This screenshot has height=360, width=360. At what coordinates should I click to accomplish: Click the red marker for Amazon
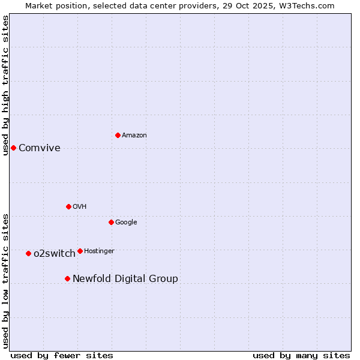pos(118,135)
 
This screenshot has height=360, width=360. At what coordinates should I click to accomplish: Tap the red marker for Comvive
pos(13,148)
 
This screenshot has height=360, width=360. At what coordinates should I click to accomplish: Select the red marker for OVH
pos(68,206)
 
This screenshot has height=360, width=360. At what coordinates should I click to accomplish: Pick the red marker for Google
pos(111,222)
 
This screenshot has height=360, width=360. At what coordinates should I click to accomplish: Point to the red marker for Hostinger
pos(80,251)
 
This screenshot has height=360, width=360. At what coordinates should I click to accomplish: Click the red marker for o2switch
pos(28,253)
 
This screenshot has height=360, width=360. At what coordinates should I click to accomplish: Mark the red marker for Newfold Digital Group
pos(67,278)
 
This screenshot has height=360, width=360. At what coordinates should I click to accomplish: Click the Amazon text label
pos(134,136)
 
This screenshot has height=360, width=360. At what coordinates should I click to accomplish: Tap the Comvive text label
pos(40,148)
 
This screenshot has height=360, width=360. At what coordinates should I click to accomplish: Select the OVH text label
pos(80,207)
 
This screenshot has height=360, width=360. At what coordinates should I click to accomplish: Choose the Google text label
pos(126,223)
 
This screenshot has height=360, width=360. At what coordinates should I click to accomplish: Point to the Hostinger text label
pos(99,251)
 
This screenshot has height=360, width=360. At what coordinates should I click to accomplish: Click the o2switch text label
pos(55,254)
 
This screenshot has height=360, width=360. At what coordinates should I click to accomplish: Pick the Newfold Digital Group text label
pos(125,279)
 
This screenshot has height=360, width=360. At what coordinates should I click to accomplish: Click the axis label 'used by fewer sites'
pos(62,355)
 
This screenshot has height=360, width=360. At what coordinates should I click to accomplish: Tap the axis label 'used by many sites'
pos(301,355)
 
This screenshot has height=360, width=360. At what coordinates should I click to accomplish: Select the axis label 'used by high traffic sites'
pos(5,85)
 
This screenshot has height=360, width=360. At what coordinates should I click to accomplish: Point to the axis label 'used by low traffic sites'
pos(5,281)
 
